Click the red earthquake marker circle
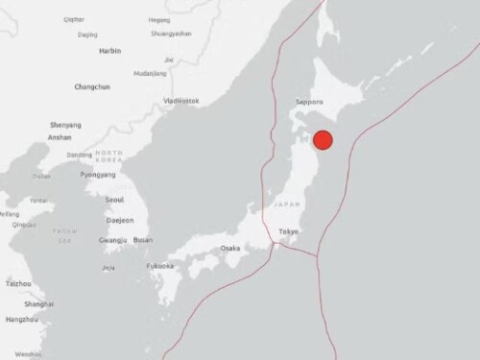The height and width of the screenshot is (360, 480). click(x=324, y=139)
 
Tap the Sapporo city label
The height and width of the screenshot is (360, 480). click(x=308, y=100)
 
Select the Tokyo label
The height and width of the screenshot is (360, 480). click(x=289, y=232)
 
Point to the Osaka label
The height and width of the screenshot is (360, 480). click(x=230, y=248)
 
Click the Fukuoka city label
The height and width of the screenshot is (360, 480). click(x=160, y=265)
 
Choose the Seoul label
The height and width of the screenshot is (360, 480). click(x=114, y=200)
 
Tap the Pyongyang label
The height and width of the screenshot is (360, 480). click(x=98, y=175)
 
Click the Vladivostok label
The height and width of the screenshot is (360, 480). click(x=181, y=101)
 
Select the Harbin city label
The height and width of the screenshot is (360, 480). click(x=110, y=50)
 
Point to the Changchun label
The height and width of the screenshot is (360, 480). click(x=91, y=86)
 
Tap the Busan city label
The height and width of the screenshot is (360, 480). click(x=143, y=240)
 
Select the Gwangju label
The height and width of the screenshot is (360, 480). click(x=112, y=240)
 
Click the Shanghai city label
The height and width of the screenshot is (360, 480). click(x=40, y=304)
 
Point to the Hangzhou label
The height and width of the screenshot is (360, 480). click(x=22, y=319)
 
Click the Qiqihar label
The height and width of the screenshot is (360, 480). click(x=73, y=18)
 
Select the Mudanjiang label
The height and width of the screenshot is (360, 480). click(x=150, y=73)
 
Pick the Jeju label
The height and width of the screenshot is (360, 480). click(x=108, y=267)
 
